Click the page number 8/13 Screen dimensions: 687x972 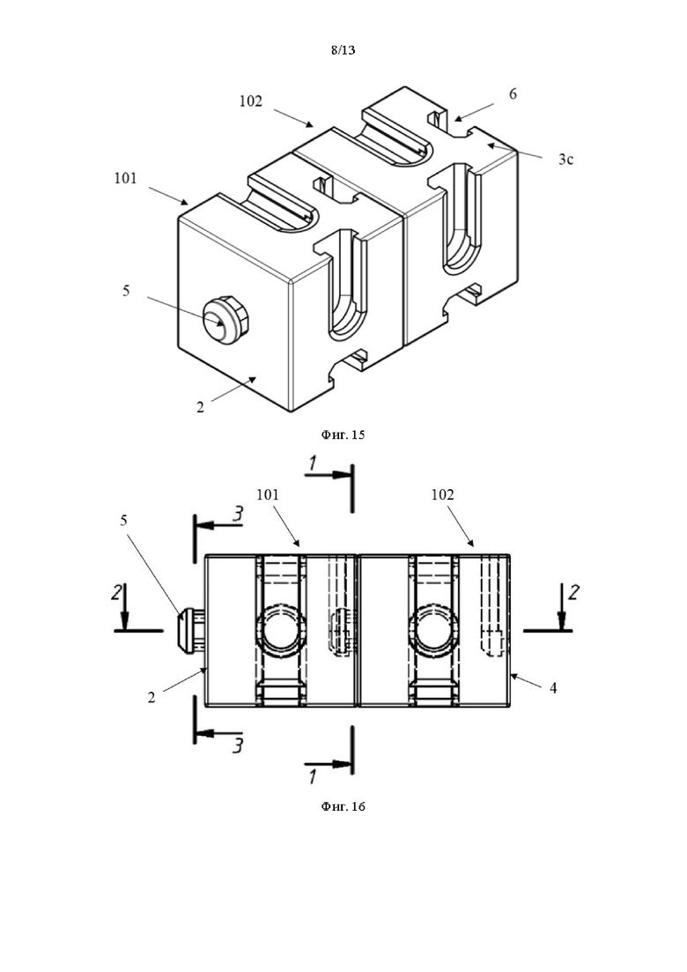343,50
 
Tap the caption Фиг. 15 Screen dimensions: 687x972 343,434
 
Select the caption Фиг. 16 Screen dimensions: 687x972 343,806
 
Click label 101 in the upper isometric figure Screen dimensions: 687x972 125,179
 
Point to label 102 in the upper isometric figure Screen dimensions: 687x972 251,101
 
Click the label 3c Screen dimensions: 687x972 565,160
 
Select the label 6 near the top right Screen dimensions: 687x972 513,93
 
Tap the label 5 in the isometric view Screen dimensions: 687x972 126,291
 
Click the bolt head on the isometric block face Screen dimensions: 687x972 225,320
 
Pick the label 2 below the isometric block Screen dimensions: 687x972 200,408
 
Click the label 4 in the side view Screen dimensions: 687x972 553,687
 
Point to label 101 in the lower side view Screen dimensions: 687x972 268,494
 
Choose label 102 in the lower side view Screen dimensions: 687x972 442,494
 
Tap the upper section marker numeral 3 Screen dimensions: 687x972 237,514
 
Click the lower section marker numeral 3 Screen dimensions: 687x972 237,746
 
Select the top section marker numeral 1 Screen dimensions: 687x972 314,463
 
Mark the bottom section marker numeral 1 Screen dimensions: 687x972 314,776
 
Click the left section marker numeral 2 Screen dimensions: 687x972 116,592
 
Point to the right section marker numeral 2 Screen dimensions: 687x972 573,592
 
